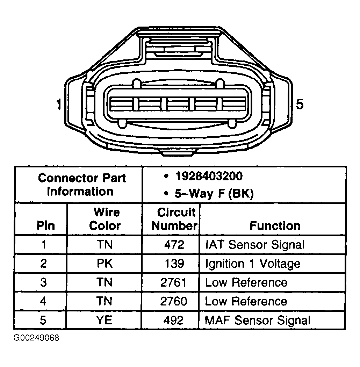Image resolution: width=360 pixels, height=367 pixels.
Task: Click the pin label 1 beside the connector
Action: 59,105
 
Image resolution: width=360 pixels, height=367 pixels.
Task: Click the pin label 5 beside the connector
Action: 300,104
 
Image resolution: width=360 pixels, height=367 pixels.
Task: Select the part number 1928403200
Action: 209,176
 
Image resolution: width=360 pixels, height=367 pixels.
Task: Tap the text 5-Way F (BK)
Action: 214,194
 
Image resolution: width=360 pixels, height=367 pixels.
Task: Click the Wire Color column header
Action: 105,219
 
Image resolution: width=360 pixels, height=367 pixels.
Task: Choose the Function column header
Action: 275,226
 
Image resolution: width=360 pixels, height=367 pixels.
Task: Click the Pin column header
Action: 46,226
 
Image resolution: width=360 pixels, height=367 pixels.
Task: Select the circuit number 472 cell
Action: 174,245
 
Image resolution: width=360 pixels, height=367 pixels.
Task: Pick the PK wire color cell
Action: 105,264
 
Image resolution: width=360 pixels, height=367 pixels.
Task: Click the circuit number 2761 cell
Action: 173,282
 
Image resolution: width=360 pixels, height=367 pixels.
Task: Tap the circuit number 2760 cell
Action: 174,301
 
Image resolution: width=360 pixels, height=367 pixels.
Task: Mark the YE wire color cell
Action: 105,320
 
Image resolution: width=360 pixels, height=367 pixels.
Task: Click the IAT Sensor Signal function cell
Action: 255,245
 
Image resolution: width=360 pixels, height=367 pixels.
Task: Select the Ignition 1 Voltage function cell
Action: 253,264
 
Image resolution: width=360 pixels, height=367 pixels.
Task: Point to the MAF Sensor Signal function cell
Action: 258,321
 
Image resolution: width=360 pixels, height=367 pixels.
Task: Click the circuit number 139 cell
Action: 174,264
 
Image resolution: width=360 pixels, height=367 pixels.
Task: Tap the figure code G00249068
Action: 36,338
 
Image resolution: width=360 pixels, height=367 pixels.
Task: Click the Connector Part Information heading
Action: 82,185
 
